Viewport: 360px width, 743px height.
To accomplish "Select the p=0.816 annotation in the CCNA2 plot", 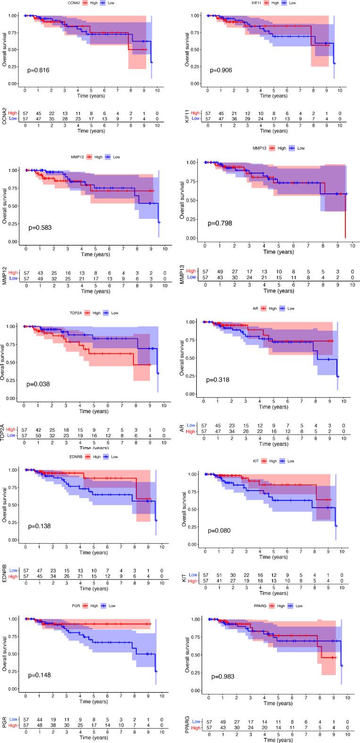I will (39, 70).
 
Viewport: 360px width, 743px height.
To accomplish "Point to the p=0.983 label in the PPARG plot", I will (223, 676).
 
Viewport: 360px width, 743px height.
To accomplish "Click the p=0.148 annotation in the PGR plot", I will (39, 675).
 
